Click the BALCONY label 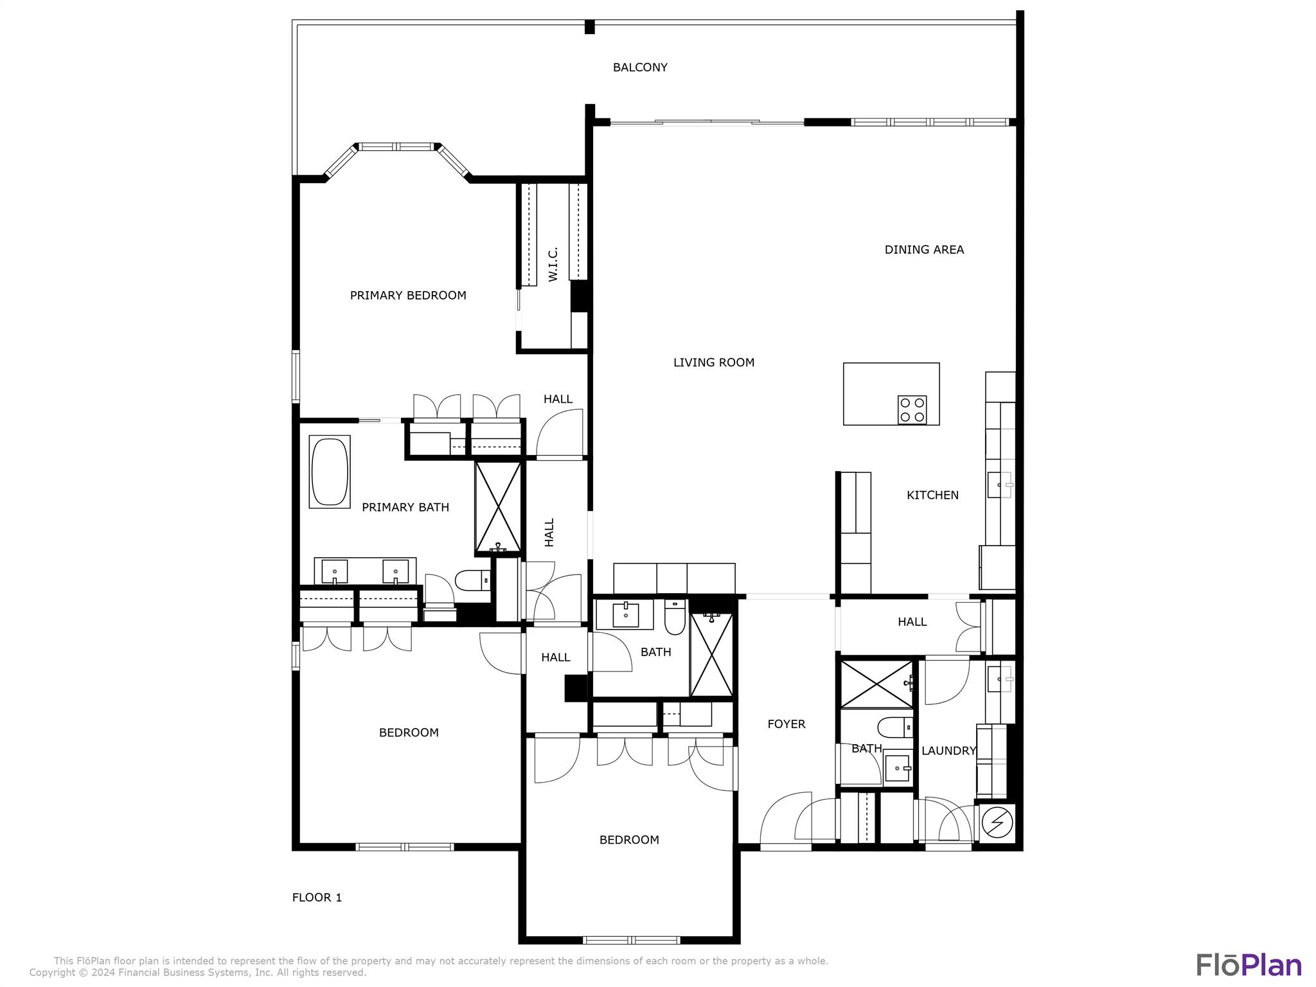pyautogui.click(x=639, y=67)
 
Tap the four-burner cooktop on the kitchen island pyautogui.click(x=912, y=410)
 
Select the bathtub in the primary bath pyautogui.click(x=330, y=472)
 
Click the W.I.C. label pyautogui.click(x=553, y=264)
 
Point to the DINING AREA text pyautogui.click(x=923, y=250)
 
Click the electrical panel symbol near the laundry pyautogui.click(x=997, y=821)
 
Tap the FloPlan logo pyautogui.click(x=1248, y=965)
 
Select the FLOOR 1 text pyautogui.click(x=317, y=898)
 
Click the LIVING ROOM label pyautogui.click(x=713, y=362)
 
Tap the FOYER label pyautogui.click(x=786, y=724)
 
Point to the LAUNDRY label pyautogui.click(x=948, y=751)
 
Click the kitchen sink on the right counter pyautogui.click(x=999, y=485)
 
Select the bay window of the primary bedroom pyautogui.click(x=396, y=147)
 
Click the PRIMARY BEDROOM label pyautogui.click(x=408, y=296)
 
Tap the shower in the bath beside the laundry pyautogui.click(x=876, y=684)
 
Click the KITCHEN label pyautogui.click(x=932, y=495)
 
